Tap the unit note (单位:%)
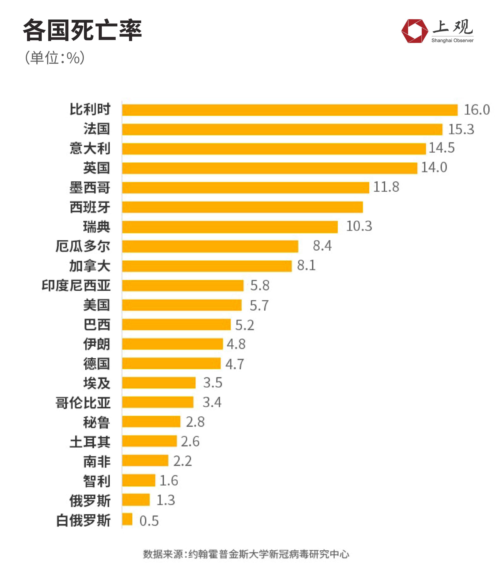pos(55,58)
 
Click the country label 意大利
pos(90,148)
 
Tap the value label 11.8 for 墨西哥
pos(386,187)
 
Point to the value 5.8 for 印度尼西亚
pos(260,285)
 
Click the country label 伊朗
pos(96,344)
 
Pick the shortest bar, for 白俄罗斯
pos(127,519)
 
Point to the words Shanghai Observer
pos(452,40)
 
